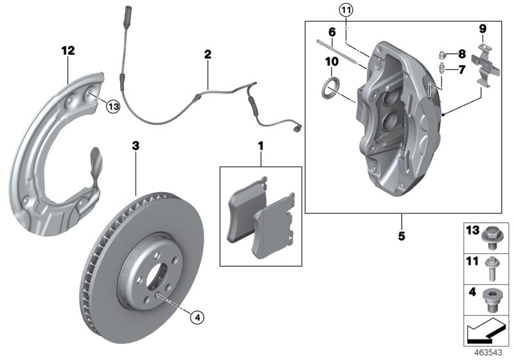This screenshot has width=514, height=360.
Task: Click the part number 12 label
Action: (69, 50)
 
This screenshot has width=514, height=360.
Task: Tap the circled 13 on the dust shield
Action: (113, 107)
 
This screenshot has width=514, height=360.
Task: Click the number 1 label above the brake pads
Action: (261, 147)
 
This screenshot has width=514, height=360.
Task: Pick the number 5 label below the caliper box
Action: (402, 236)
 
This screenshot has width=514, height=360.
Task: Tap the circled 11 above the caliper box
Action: (346, 10)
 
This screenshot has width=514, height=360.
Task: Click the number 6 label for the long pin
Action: (332, 32)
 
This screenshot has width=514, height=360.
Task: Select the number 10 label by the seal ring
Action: (332, 61)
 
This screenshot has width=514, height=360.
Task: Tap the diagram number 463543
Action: (491, 352)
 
